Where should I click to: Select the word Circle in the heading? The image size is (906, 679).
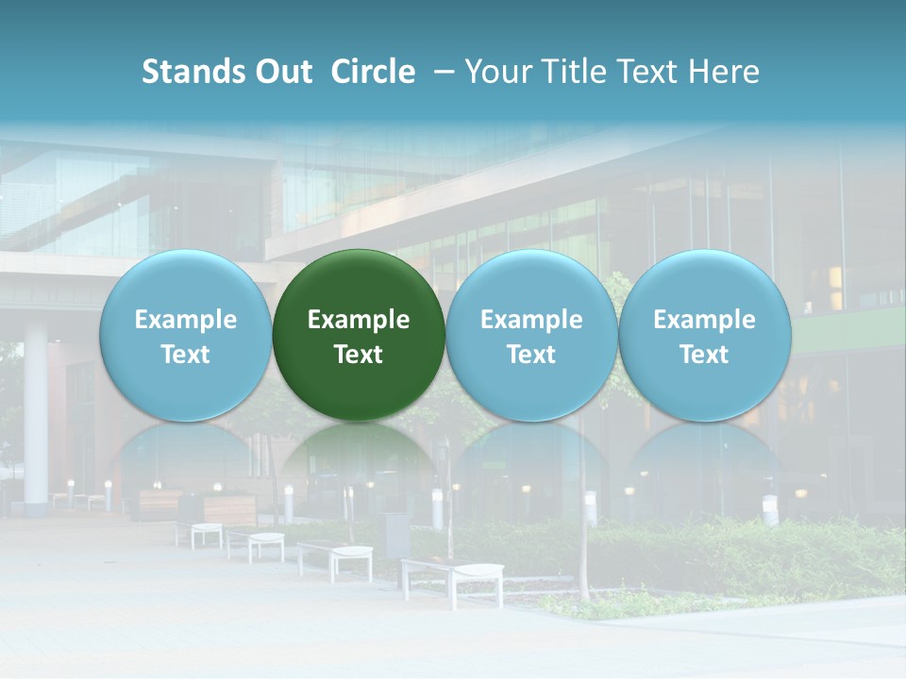[373, 72]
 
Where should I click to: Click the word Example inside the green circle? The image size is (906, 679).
[359, 320]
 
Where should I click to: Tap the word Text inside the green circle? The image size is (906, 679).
[359, 355]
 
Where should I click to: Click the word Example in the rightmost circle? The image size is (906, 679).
[704, 320]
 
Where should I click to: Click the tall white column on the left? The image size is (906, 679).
[36, 415]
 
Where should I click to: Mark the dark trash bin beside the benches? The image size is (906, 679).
[396, 534]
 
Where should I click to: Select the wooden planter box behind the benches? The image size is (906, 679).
[229, 509]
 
